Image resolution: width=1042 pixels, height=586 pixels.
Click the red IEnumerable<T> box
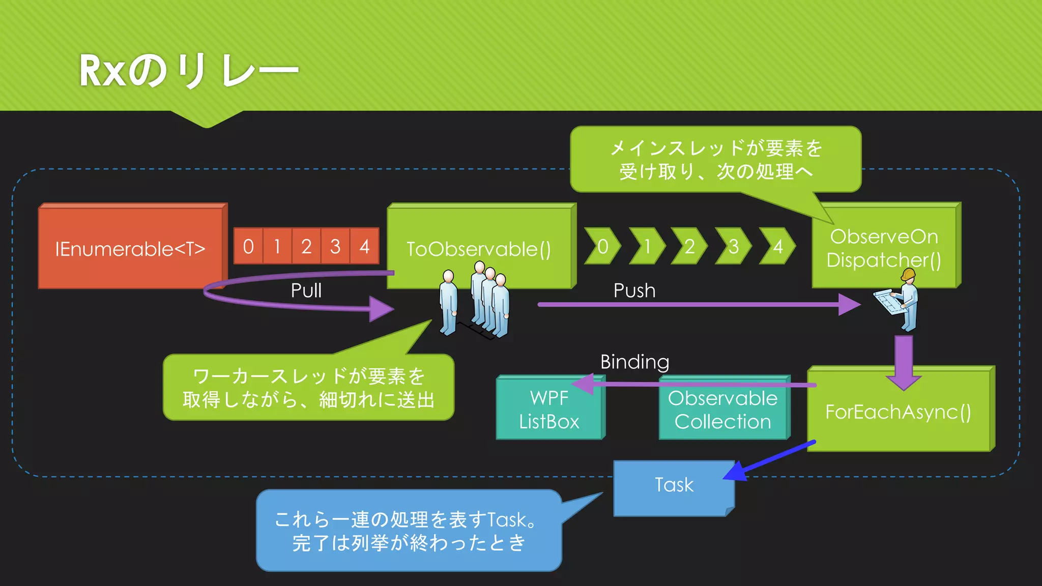tap(130, 248)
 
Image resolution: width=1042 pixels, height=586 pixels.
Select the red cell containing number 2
tap(306, 247)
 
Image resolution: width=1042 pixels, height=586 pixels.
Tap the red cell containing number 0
tap(248, 247)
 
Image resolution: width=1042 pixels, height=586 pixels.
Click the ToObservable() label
tap(478, 249)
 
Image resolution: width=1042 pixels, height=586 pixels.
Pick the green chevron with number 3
tap(733, 247)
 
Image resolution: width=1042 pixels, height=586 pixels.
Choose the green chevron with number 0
tap(602, 247)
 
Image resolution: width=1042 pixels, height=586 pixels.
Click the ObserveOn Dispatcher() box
tap(884, 248)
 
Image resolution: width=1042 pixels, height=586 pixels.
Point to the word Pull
tap(306, 290)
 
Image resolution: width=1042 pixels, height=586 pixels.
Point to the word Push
tap(634, 290)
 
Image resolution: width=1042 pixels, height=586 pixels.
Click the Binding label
tap(634, 362)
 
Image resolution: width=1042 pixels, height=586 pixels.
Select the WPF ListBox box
tap(549, 410)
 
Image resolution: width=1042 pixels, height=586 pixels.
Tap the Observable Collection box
tap(722, 410)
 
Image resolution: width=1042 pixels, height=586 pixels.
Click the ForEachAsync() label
tap(898, 412)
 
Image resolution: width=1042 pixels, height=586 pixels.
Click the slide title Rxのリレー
tap(188, 70)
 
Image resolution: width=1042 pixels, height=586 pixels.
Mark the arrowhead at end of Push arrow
tap(850, 305)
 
